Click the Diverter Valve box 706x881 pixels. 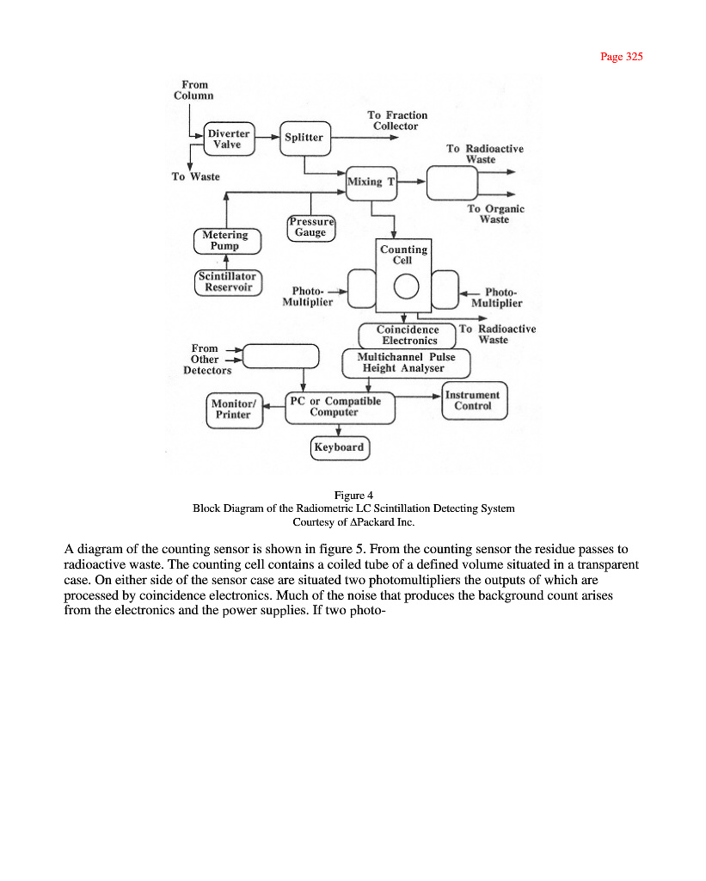(228, 139)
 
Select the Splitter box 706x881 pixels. (304, 138)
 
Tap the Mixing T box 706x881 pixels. (371, 182)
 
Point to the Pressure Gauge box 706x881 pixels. (310, 227)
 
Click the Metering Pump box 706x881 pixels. (225, 240)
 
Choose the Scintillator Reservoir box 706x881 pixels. (228, 282)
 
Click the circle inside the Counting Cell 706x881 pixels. (404, 287)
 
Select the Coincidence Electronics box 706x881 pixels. (408, 335)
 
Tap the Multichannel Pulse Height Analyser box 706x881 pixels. (406, 362)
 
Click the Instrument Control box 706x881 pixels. (474, 400)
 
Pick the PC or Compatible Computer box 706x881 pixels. (339, 406)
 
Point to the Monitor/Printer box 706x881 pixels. (233, 409)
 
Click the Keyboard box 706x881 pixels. (339, 447)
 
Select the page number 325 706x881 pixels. (621, 57)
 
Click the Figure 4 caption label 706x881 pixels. (353, 494)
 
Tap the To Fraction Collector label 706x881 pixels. (396, 120)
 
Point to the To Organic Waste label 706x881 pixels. (495, 214)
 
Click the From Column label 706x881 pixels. (193, 89)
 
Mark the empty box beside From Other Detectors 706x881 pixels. (280, 354)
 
